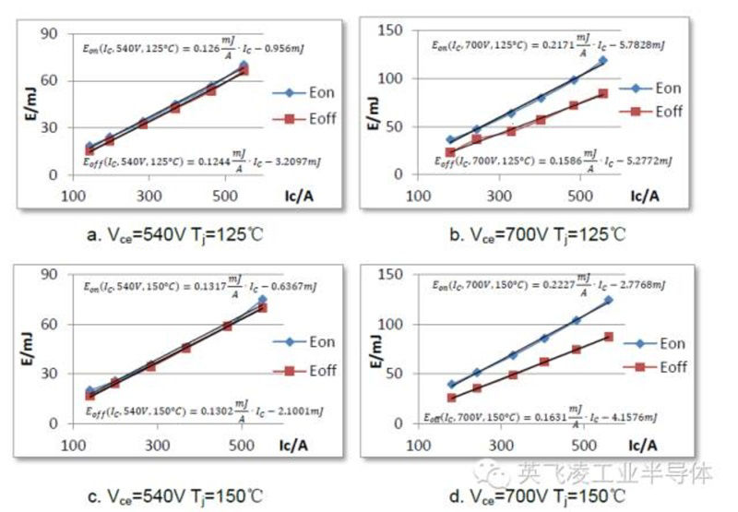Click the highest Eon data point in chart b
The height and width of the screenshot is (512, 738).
click(603, 61)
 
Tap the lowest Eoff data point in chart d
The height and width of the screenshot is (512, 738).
click(452, 399)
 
